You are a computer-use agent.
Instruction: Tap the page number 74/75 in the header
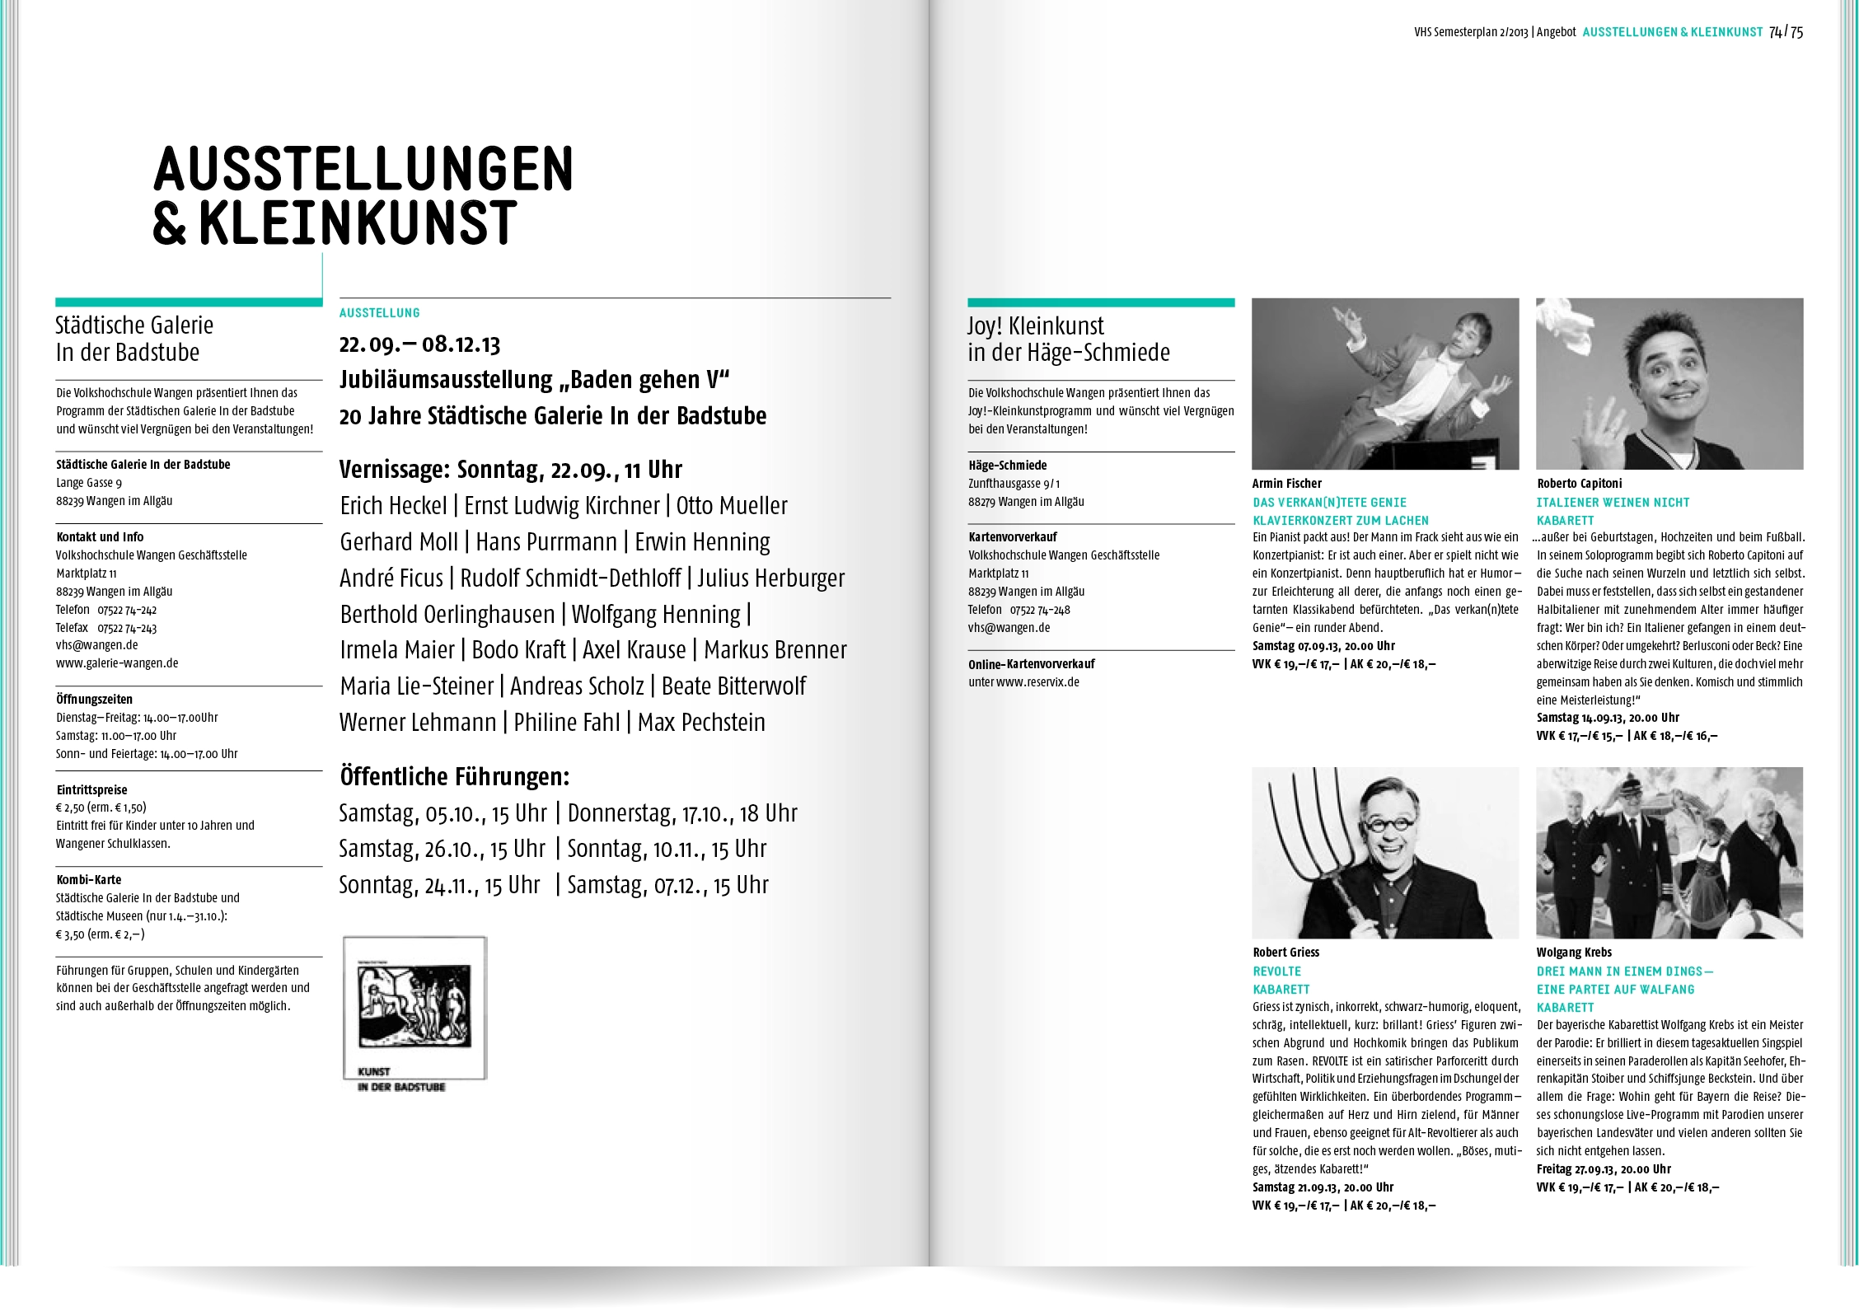pyautogui.click(x=1786, y=32)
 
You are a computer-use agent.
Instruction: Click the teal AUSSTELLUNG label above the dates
pyautogui.click(x=380, y=313)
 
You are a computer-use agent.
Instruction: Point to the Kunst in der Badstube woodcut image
pyautogui.click(x=414, y=1007)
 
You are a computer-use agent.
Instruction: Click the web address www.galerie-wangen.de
pyautogui.click(x=117, y=663)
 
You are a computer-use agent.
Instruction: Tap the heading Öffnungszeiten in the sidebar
pyautogui.click(x=94, y=700)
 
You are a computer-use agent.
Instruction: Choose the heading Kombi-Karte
pyautogui.click(x=89, y=880)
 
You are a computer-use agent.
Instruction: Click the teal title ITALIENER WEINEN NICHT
pyautogui.click(x=1613, y=503)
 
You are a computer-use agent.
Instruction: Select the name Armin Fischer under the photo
pyautogui.click(x=1286, y=484)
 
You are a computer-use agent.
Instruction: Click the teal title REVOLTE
pyautogui.click(x=1277, y=972)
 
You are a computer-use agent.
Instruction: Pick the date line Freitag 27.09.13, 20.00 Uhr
pyautogui.click(x=1604, y=1169)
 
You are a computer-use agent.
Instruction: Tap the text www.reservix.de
pyautogui.click(x=1037, y=682)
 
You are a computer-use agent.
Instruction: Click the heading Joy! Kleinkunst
pyautogui.click(x=1036, y=326)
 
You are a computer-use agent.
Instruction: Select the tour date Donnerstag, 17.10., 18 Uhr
pyautogui.click(x=682, y=813)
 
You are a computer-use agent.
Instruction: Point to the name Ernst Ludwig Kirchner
pyautogui.click(x=562, y=506)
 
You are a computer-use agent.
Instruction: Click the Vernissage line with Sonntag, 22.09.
pyautogui.click(x=511, y=470)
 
